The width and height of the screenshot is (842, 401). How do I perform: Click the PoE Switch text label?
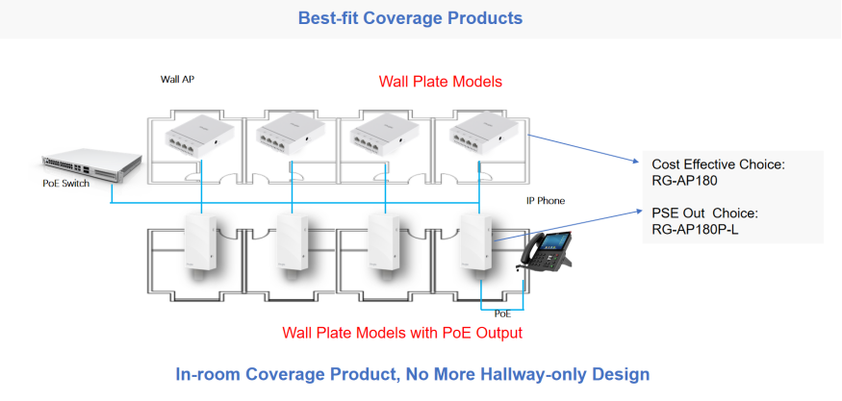tap(66, 184)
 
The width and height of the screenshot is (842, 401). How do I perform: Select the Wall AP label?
tap(177, 79)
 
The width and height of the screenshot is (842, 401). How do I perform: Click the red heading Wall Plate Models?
tap(441, 82)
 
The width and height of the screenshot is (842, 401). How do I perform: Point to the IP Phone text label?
tap(545, 201)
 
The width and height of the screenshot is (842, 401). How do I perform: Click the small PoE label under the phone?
tap(502, 313)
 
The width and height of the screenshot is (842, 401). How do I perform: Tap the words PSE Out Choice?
tap(705, 213)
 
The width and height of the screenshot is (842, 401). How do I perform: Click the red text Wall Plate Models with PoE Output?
tap(402, 334)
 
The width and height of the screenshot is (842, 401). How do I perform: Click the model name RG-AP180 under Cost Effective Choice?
tap(686, 181)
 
